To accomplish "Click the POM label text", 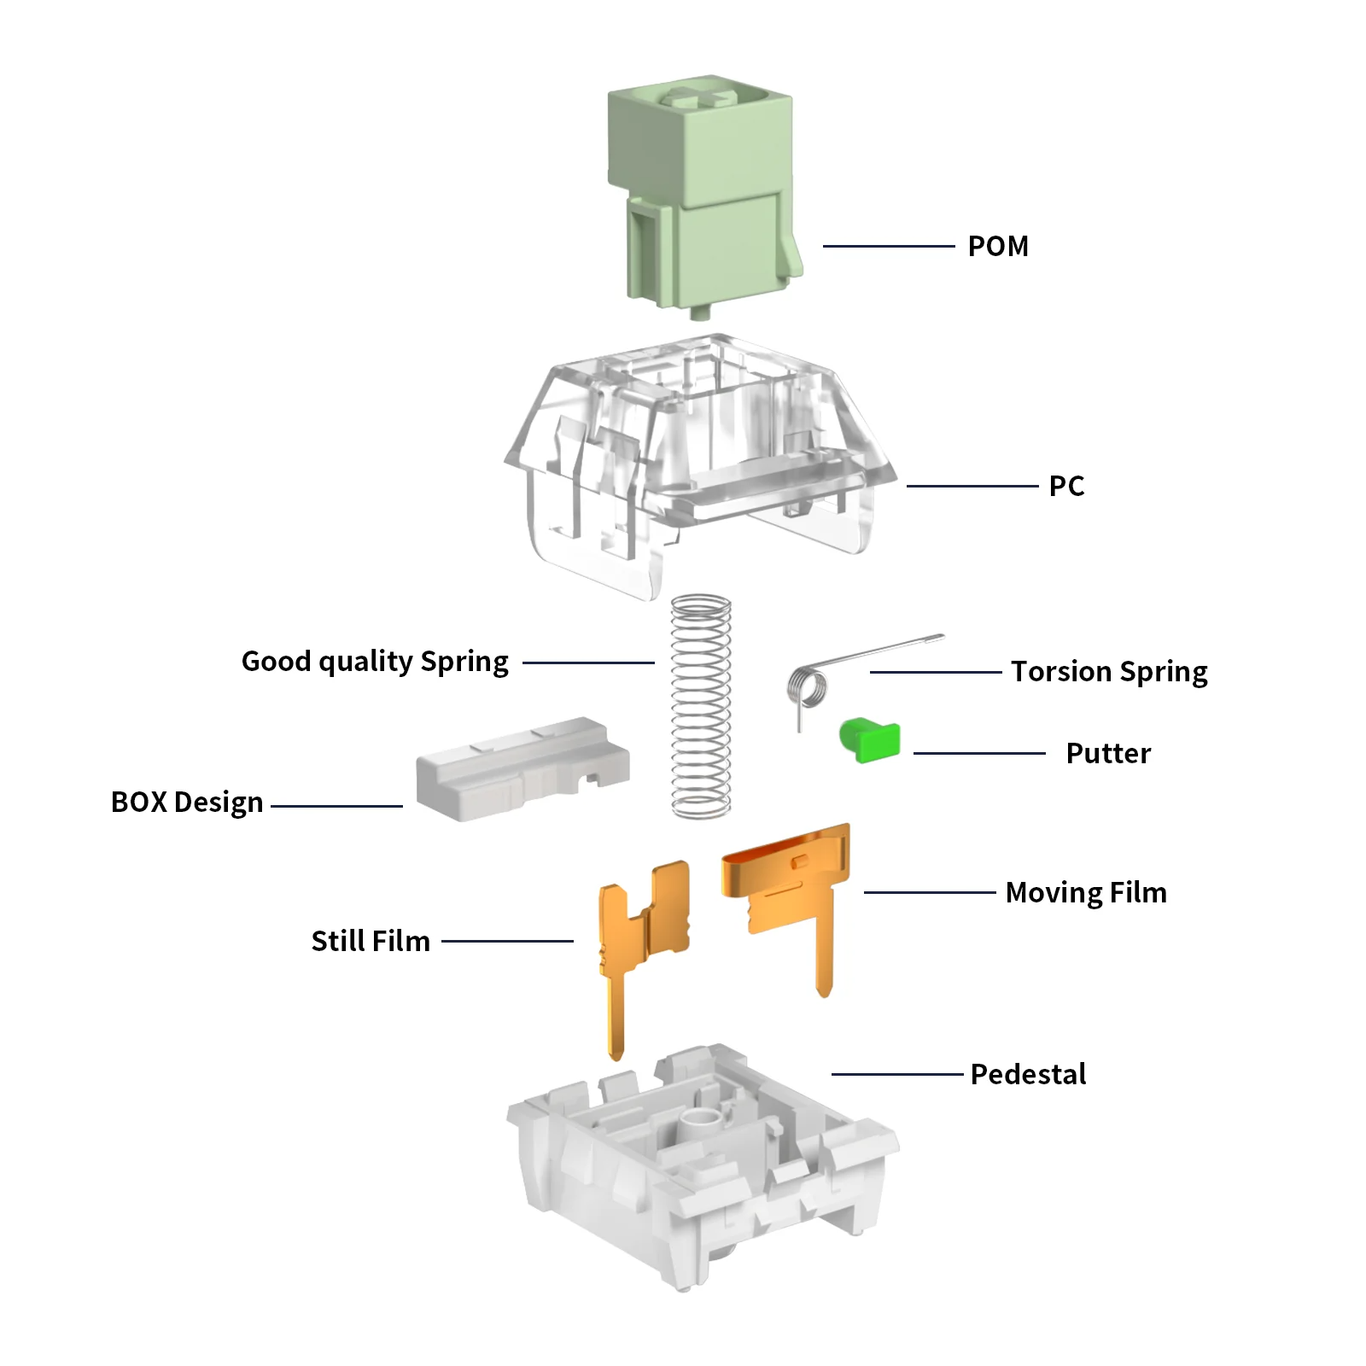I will [x=997, y=246].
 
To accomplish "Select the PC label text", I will [x=1066, y=486].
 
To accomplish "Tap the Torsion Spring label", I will [x=1109, y=672].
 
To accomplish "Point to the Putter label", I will [x=1108, y=753].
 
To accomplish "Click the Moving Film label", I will [x=1086, y=892].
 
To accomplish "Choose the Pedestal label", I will [x=1028, y=1074].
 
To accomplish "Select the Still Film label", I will [x=371, y=941].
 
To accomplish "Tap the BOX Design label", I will [x=187, y=803].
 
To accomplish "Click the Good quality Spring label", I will [x=375, y=662].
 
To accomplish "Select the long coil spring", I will [x=701, y=707].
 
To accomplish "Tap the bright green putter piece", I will [x=871, y=739].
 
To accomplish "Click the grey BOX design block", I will [x=521, y=770].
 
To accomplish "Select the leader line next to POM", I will [x=888, y=246].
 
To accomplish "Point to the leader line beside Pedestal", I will [x=896, y=1074].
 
